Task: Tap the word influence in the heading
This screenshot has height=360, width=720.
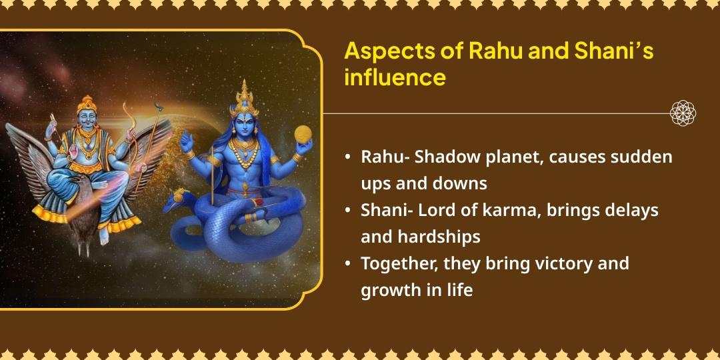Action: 395,77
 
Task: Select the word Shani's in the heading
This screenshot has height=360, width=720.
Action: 614,51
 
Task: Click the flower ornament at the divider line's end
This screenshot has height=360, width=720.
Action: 683,113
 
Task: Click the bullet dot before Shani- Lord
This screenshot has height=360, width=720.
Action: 348,211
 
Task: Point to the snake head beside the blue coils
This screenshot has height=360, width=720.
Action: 181,197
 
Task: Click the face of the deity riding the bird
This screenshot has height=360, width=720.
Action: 87,119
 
